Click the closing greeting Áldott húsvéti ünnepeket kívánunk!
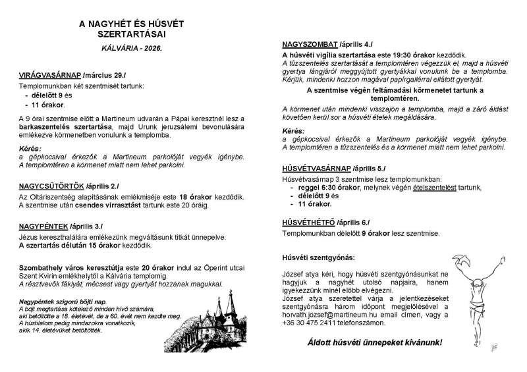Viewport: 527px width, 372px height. pos(375,343)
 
